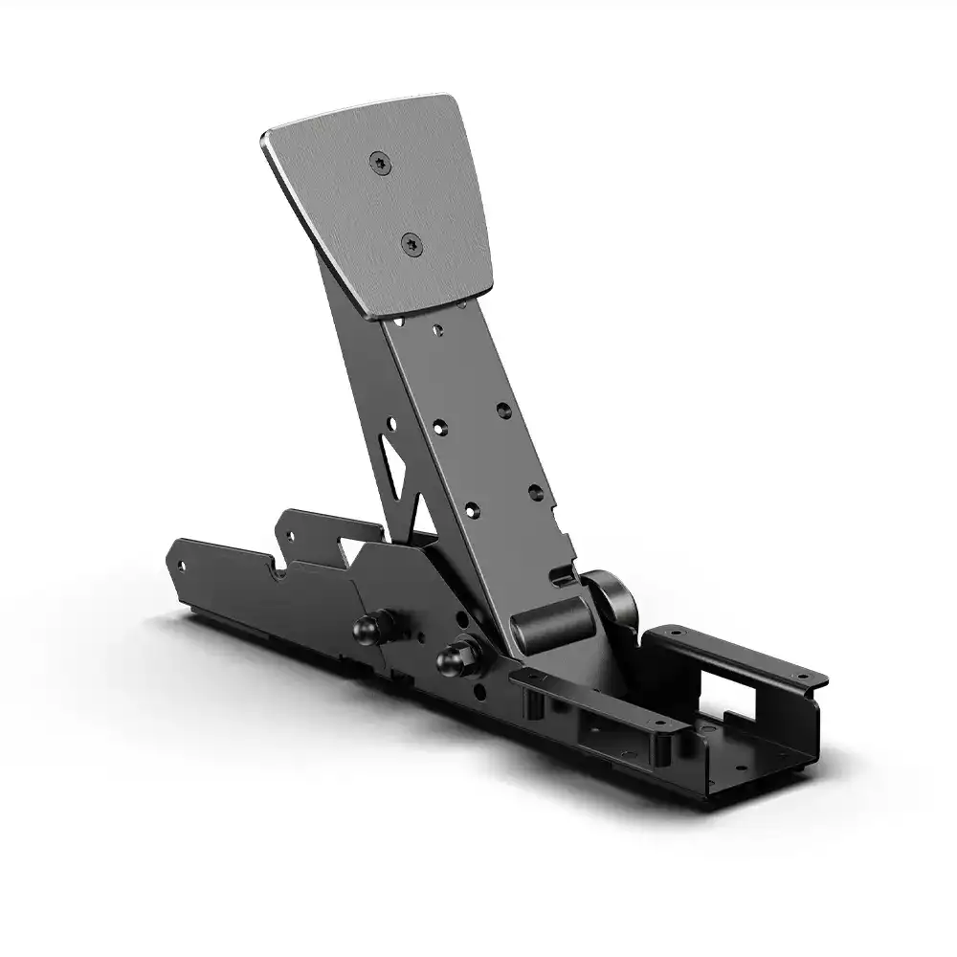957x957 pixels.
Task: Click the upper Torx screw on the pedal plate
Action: (381, 164)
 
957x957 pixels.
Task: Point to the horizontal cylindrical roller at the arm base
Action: (553, 622)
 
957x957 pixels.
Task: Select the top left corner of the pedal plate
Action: (268, 140)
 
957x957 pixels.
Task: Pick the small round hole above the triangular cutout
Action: (390, 422)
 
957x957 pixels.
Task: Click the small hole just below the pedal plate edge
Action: (436, 330)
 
